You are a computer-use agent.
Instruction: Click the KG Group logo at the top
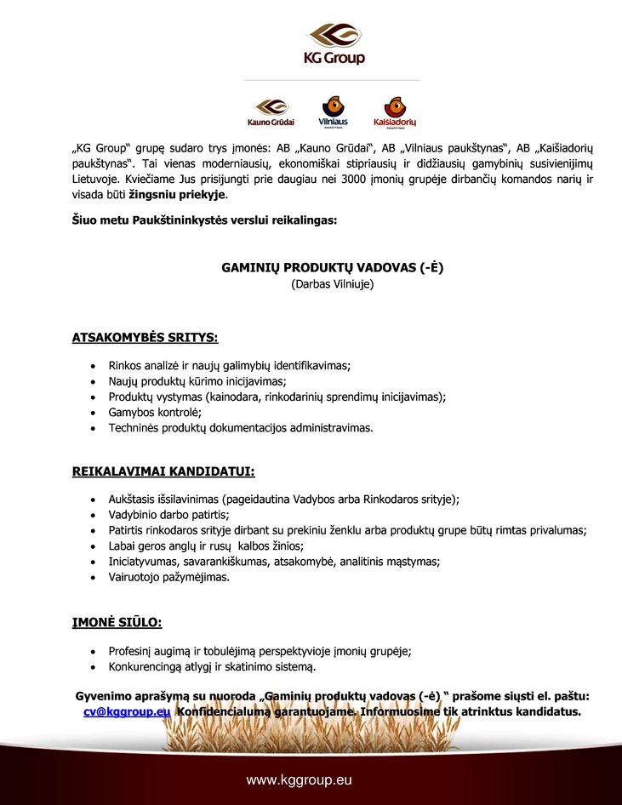tap(335, 44)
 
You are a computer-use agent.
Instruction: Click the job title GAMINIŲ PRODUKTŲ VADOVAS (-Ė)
tap(333, 267)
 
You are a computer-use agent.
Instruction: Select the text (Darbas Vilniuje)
tap(333, 283)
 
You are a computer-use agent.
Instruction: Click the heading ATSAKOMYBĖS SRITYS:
tap(145, 339)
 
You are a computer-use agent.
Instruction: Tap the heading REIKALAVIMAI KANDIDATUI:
tap(163, 471)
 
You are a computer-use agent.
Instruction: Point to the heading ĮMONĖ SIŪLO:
tap(117, 623)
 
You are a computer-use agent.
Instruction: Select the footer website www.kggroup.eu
tap(299, 779)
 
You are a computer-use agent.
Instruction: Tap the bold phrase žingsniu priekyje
tap(165, 195)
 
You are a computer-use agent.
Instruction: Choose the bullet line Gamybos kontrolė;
tap(154, 412)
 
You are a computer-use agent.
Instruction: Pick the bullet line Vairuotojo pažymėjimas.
tap(168, 577)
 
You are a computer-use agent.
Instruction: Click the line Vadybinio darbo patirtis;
tap(168, 514)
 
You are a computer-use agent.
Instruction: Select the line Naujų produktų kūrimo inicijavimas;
tap(197, 381)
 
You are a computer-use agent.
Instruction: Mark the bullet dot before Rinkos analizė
tap(92, 366)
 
